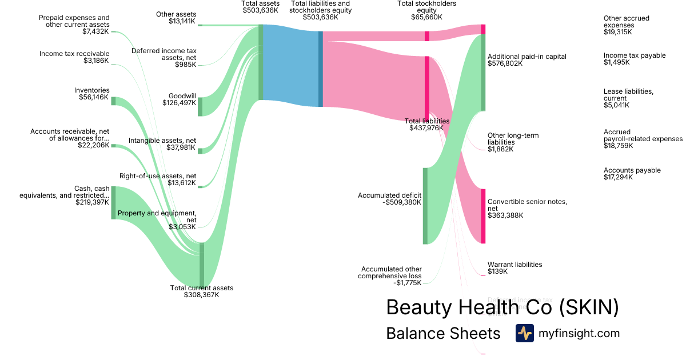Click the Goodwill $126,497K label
[182, 99]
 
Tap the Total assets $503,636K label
[260, 7]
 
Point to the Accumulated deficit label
[389, 199]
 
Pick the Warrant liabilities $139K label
[514, 268]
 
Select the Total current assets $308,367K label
[201, 291]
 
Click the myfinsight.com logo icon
[524, 333]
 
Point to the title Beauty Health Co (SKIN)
[502, 307]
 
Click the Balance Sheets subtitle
[443, 333]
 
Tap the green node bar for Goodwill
[200, 107]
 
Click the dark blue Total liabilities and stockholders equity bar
[321, 69]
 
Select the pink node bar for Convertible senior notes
[483, 216]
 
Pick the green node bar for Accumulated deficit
[425, 206]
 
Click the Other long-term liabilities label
[513, 142]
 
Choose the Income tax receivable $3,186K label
[74, 57]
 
